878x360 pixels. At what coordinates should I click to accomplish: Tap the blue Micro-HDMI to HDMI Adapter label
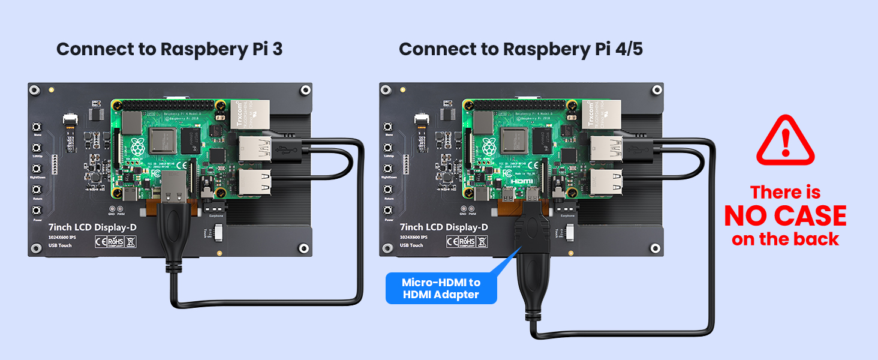click(x=441, y=288)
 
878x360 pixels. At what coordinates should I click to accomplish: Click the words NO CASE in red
click(x=785, y=216)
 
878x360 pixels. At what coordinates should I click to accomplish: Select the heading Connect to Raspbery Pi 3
click(x=169, y=49)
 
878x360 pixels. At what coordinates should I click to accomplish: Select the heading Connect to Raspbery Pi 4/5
click(x=521, y=49)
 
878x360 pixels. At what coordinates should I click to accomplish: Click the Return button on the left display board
click(x=37, y=189)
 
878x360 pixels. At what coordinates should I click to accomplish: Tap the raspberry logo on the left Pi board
click(x=137, y=147)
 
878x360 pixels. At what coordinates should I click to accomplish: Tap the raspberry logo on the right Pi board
click(x=489, y=147)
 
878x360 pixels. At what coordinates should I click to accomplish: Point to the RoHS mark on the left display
click(x=115, y=242)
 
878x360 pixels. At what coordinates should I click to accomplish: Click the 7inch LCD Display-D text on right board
click(x=443, y=227)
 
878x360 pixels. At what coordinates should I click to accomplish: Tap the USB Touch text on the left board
click(x=59, y=245)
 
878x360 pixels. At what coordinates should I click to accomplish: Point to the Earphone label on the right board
click(x=567, y=215)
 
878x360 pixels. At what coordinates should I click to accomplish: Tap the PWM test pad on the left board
click(x=121, y=208)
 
